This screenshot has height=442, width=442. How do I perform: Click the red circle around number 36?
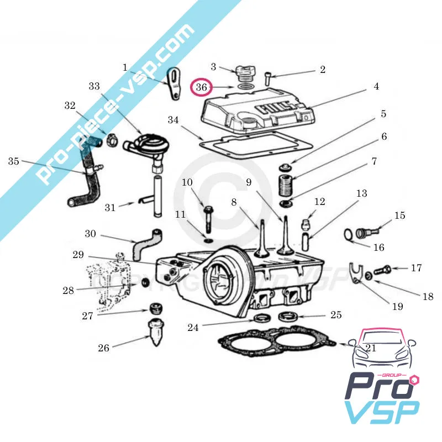coord(201,87)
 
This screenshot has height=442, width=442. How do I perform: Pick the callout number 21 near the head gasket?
coord(371,348)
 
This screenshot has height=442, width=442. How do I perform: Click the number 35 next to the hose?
coord(14,161)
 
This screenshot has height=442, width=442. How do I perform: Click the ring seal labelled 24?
coord(262,318)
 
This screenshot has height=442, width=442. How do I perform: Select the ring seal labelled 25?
coord(287,317)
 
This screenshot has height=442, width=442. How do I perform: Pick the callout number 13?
coord(361,194)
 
